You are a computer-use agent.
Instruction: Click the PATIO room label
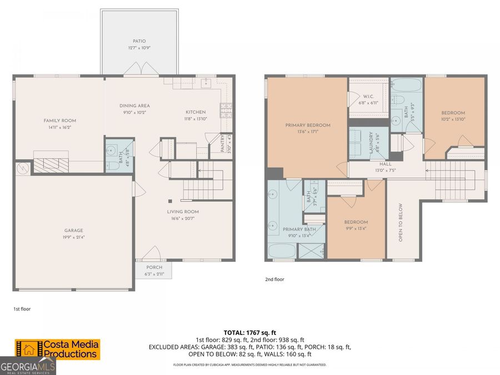[x=139, y=41]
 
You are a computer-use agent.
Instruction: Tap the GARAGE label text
[x=73, y=231]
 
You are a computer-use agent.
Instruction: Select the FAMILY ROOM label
[x=60, y=121]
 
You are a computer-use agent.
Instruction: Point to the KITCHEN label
[x=196, y=112]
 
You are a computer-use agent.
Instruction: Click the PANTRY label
[x=222, y=146]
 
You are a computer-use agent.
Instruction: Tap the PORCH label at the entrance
[x=154, y=267]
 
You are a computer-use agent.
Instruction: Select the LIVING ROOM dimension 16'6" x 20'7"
[x=183, y=218]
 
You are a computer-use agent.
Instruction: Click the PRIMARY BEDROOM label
[x=308, y=126]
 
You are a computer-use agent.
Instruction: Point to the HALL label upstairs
[x=386, y=164]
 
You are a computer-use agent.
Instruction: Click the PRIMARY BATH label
[x=299, y=229]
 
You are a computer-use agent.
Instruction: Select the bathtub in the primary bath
[x=282, y=251]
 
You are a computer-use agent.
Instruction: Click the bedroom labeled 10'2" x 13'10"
[x=453, y=119]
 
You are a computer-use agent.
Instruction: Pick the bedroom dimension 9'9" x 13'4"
[x=356, y=228]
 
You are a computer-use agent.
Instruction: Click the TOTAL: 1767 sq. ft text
[x=249, y=332]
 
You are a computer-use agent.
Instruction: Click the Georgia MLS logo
[x=28, y=367]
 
